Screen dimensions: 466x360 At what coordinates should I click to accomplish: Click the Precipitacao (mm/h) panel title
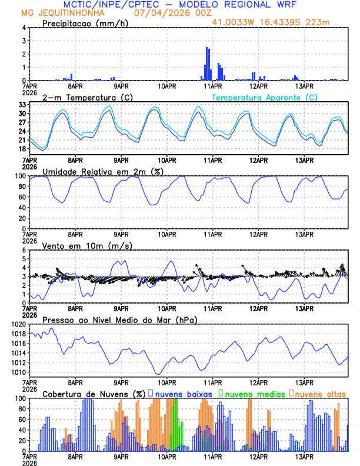pos(84,23)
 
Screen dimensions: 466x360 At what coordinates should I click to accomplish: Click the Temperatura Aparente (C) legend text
pos(265,97)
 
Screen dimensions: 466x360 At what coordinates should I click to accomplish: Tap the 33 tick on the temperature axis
pos(22,104)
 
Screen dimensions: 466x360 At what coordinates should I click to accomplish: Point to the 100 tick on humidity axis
pos(19,176)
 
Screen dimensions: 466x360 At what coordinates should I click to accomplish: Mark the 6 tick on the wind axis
pos(24,250)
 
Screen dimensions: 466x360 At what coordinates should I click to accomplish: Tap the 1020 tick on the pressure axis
pos(18,324)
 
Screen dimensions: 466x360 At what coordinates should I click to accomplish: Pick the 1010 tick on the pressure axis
pos(18,372)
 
